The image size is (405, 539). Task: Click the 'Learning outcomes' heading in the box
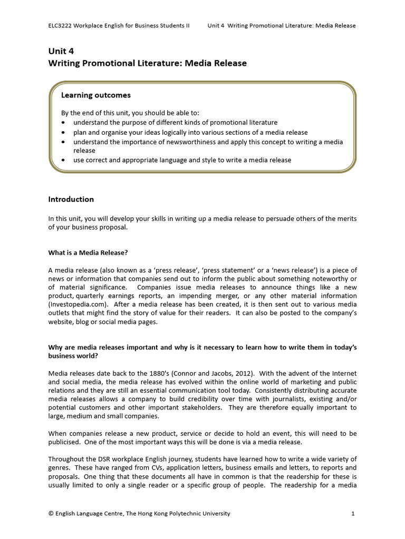96,95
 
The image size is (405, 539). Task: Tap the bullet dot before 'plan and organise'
63,133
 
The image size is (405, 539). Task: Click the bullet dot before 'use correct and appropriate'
63,160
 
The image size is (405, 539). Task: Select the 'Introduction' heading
71,199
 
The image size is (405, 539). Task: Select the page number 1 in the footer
354,514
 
